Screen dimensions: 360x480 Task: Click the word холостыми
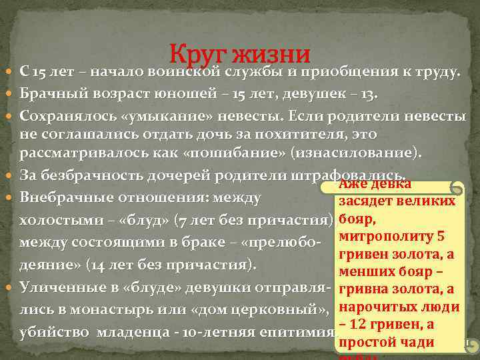pos(58,220)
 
